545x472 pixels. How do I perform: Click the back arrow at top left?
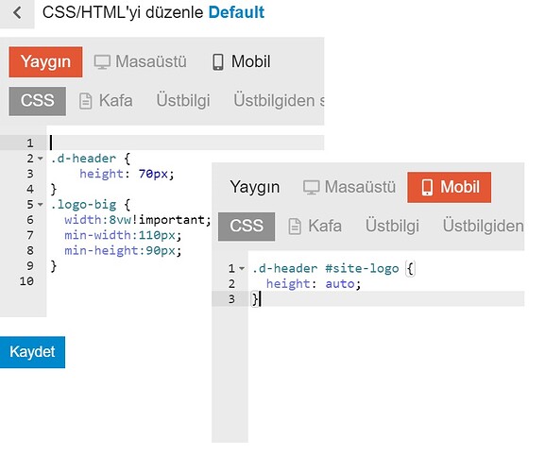pos(17,13)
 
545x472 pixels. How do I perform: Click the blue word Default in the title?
pos(236,12)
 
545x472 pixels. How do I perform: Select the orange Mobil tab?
pos(449,187)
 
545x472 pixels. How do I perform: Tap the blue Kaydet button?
pos(32,352)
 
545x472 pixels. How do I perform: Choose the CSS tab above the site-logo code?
pos(247,227)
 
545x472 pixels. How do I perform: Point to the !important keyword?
pos(172,220)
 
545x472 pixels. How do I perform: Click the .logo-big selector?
pos(83,205)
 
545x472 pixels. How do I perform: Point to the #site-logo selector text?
pos(362,268)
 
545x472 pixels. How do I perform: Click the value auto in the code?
pos(340,284)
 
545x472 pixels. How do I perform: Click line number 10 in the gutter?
pos(26,281)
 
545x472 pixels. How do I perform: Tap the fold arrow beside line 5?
pos(41,204)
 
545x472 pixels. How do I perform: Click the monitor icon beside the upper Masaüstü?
pos(102,62)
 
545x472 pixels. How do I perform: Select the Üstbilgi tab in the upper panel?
pos(183,101)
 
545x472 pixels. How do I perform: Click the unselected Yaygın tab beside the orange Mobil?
pos(255,187)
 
